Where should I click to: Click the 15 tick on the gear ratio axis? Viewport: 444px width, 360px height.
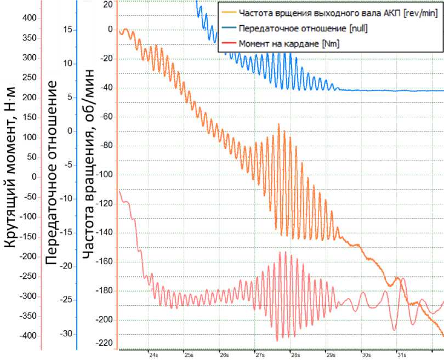point(67,30)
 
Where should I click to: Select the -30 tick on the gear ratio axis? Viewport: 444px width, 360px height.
point(66,333)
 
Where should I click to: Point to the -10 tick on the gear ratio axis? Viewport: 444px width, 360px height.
point(66,198)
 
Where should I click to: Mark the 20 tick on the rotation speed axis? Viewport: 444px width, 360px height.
point(107,4)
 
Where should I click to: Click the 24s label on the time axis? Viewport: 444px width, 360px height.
point(153,355)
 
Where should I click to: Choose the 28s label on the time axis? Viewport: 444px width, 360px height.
point(295,355)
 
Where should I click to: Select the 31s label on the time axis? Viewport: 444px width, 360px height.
point(401,355)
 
